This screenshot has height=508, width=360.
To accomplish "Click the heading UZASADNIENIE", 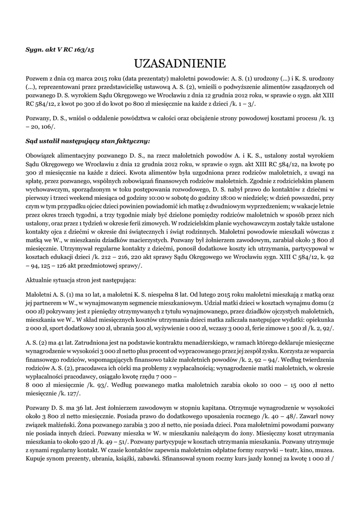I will pyautogui.click(x=180, y=63).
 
